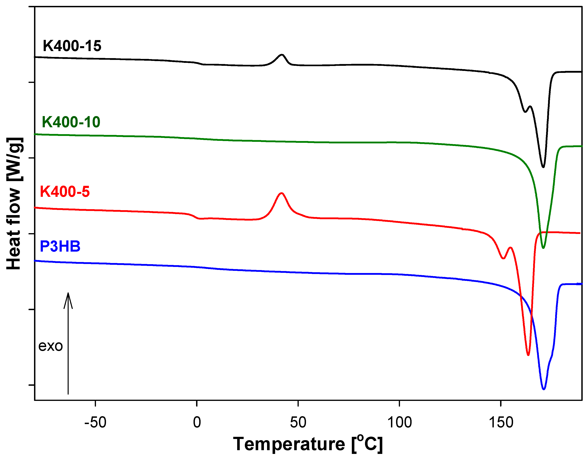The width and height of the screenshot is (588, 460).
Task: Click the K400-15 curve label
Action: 72,46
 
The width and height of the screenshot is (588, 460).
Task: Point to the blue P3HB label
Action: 60,246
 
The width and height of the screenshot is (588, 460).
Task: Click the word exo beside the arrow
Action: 50,346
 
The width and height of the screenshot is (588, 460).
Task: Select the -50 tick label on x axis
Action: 95,422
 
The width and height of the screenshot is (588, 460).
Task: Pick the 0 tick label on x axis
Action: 197,422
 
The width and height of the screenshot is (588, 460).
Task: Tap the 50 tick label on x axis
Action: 298,422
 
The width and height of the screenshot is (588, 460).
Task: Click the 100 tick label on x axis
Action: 399,422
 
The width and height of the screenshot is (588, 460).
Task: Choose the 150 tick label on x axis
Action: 501,422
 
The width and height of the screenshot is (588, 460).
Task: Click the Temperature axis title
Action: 307,444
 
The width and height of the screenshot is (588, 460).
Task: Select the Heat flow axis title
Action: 14,203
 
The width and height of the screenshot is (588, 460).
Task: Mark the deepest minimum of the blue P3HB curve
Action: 544,389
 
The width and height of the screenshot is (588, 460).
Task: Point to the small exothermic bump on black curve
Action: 282,55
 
